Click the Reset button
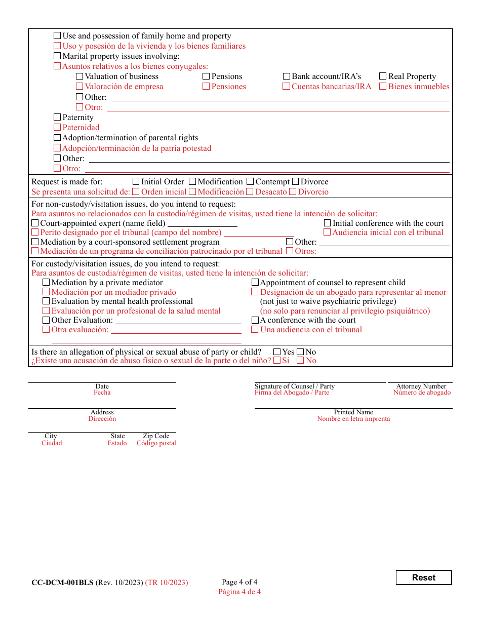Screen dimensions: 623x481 coord(423,577)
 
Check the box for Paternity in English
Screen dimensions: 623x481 coord(57,118)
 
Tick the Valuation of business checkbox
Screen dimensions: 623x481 coord(79,76)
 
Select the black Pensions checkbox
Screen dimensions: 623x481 coord(206,76)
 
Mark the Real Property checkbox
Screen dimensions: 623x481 coord(383,76)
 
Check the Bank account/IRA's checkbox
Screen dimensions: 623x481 coord(287,76)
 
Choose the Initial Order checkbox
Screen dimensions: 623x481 coord(136,181)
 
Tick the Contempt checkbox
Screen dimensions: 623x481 coord(250,181)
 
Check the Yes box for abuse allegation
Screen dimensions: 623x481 coord(277,352)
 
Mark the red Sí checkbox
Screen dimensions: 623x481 coord(277,361)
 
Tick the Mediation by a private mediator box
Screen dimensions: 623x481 coord(46,283)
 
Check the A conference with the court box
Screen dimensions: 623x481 coord(255,320)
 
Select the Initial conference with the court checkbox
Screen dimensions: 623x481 coord(327,223)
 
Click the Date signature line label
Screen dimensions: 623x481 coord(102,386)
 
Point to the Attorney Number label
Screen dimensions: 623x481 coord(421,386)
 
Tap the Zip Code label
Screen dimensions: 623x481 coord(156,436)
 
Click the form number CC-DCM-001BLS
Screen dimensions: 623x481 coord(62,582)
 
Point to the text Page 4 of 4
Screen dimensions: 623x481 coord(239,582)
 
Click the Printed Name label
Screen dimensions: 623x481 coord(353,412)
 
